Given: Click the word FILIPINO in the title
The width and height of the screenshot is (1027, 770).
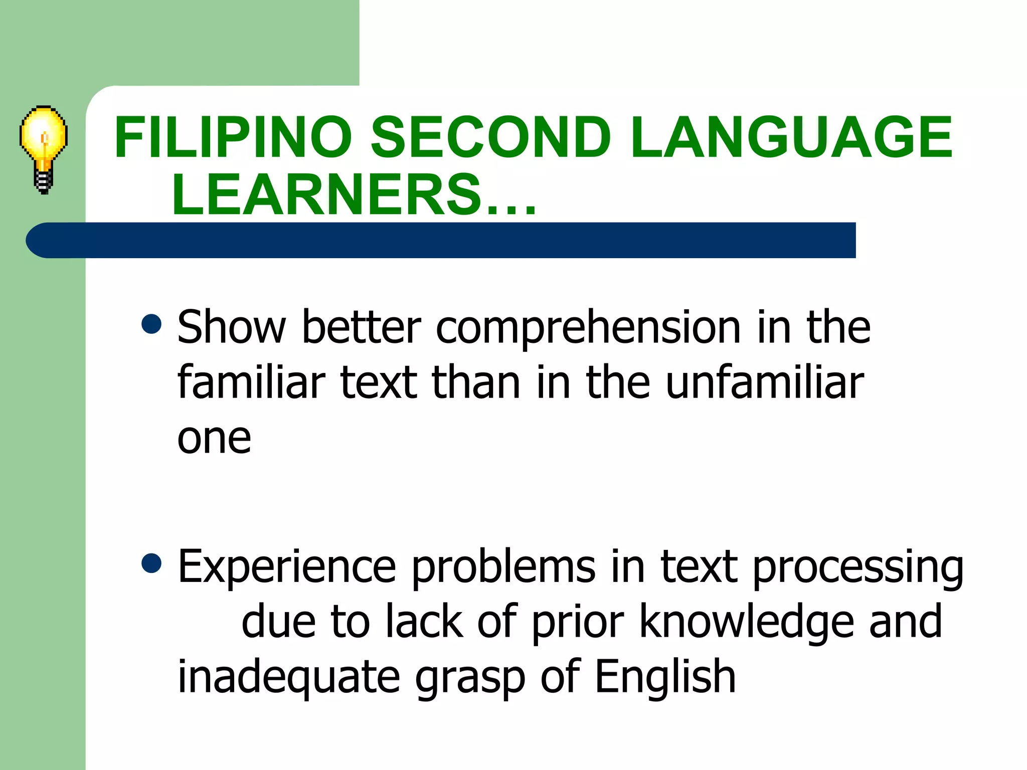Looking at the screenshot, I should [233, 137].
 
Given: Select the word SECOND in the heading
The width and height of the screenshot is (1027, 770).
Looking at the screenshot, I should [490, 137].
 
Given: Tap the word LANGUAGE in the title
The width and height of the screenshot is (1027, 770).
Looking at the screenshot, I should [791, 137].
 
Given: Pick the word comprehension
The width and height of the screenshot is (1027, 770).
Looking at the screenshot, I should [588, 328].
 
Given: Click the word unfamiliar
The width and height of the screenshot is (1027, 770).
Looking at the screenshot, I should [765, 382].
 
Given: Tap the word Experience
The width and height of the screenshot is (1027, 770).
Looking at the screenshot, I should [287, 567].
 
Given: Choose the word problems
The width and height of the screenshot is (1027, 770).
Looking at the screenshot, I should [503, 567].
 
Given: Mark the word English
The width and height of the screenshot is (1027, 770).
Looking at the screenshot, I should [665, 677].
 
